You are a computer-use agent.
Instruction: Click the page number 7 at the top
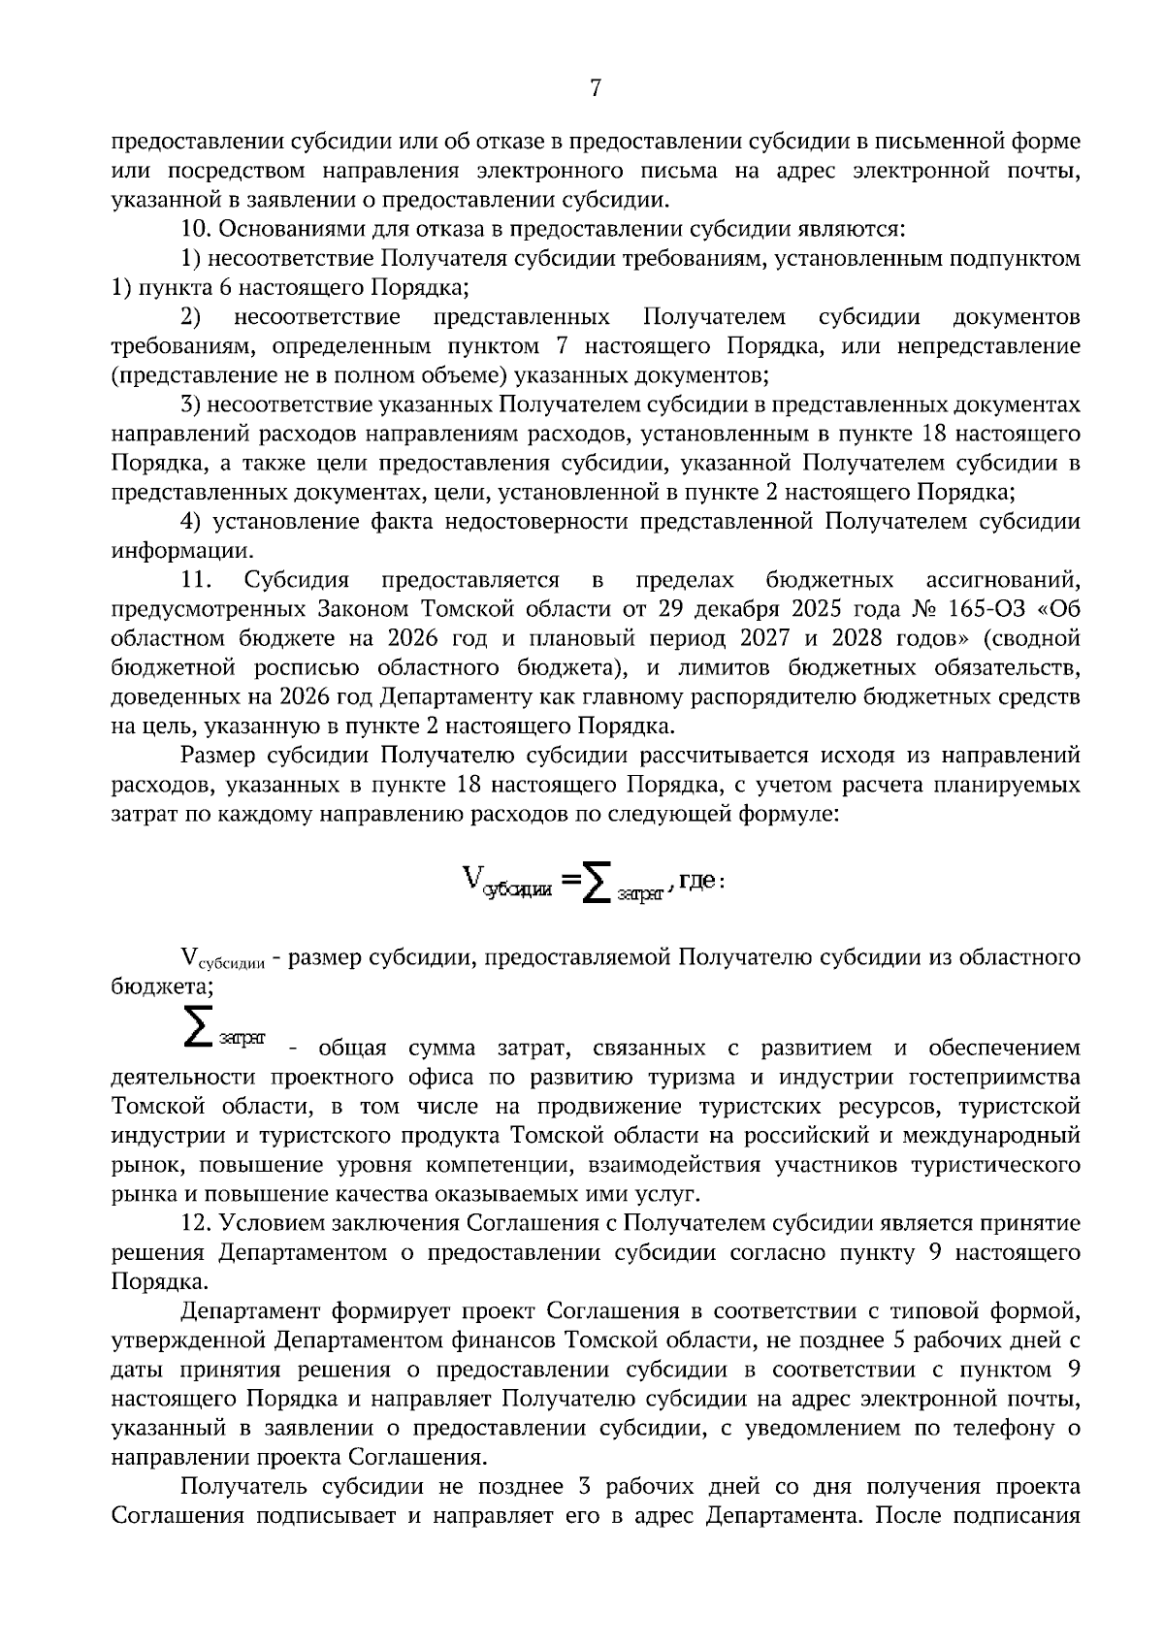point(596,88)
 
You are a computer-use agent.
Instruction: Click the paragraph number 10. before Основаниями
point(198,231)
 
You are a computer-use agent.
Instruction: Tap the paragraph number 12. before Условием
point(198,1224)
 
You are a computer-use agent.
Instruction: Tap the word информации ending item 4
point(168,551)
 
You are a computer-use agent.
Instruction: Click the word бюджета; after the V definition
point(162,987)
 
